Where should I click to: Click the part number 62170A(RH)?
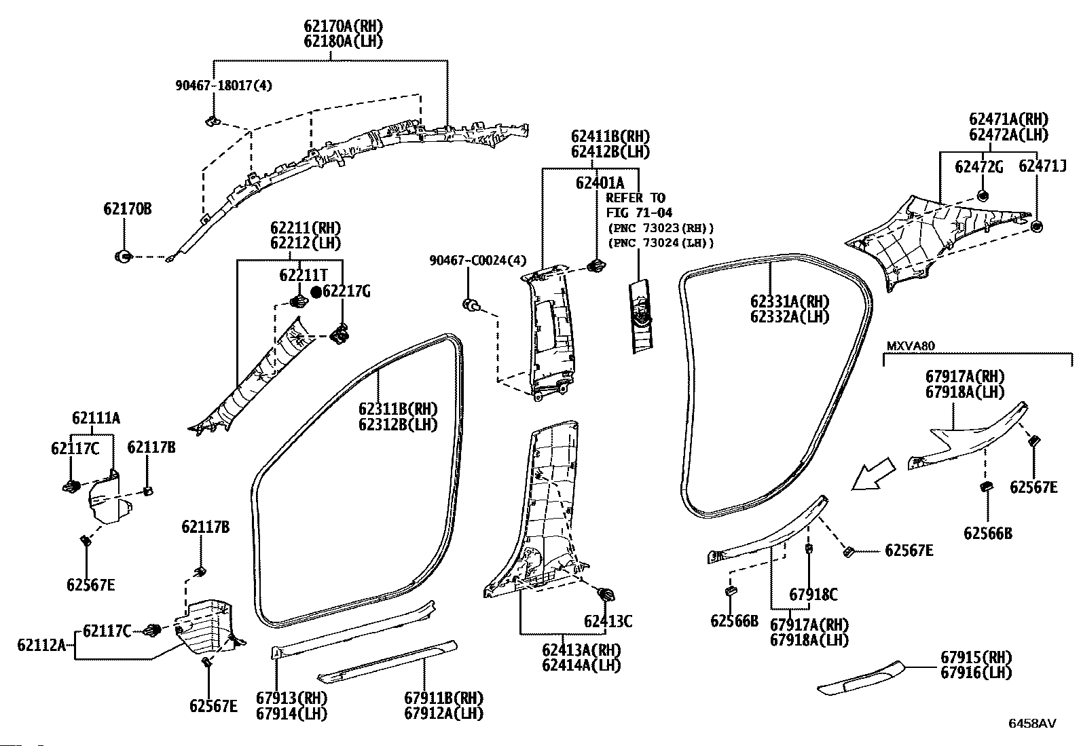pyautogui.click(x=343, y=26)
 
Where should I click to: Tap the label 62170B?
pyautogui.click(x=128, y=209)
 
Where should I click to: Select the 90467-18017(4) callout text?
pyautogui.click(x=223, y=86)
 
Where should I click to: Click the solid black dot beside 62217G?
pyautogui.click(x=316, y=291)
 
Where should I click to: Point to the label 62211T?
pyautogui.click(x=304, y=275)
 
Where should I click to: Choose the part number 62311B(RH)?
pyautogui.click(x=398, y=409)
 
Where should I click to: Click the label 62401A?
pyautogui.click(x=600, y=183)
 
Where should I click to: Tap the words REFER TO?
pyautogui.click(x=636, y=198)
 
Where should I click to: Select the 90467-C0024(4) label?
pyautogui.click(x=478, y=261)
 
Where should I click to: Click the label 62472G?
pyautogui.click(x=978, y=167)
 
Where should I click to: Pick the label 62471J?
pyautogui.click(x=1042, y=166)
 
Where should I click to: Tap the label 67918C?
pyautogui.click(x=813, y=595)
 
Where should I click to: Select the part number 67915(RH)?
pyautogui.click(x=976, y=657)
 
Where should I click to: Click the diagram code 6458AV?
pyautogui.click(x=1032, y=724)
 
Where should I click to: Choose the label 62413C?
pyautogui.click(x=608, y=621)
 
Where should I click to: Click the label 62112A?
pyautogui.click(x=41, y=645)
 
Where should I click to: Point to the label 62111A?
pyautogui.click(x=96, y=418)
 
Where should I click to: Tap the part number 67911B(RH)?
pyautogui.click(x=443, y=698)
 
